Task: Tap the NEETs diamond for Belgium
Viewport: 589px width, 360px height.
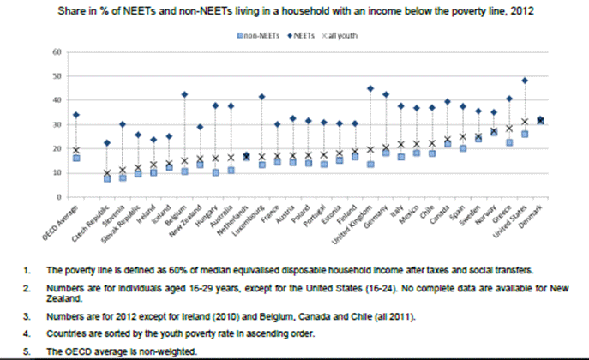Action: click(184, 94)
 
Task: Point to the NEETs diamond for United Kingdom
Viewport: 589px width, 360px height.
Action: click(370, 88)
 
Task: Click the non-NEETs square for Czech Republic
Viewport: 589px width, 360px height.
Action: click(107, 178)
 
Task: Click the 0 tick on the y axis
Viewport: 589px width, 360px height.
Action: click(57, 196)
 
